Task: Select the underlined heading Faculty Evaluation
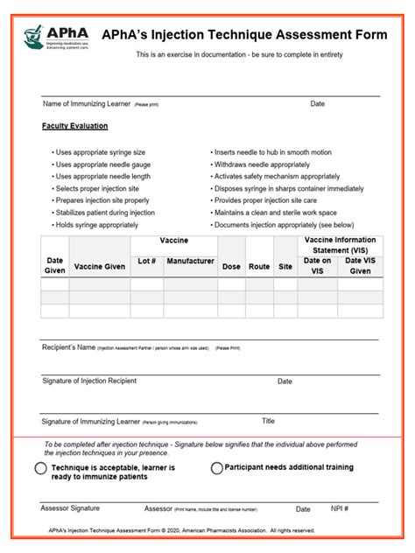click(x=75, y=126)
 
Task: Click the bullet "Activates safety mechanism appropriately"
click(x=278, y=176)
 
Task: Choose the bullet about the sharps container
click(x=289, y=188)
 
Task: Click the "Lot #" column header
click(x=147, y=261)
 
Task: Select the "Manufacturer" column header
click(x=190, y=261)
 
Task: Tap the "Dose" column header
click(x=231, y=266)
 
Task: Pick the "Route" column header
click(x=259, y=266)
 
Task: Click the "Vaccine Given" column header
click(x=100, y=266)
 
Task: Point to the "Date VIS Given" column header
click(x=361, y=266)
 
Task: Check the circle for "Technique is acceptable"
click(x=41, y=469)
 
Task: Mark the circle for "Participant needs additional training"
click(x=216, y=468)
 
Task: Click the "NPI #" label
click(x=341, y=508)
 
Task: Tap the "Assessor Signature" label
click(x=70, y=507)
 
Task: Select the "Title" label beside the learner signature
click(x=269, y=421)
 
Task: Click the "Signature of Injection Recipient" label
click(x=89, y=381)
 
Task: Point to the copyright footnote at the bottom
click(x=181, y=530)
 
